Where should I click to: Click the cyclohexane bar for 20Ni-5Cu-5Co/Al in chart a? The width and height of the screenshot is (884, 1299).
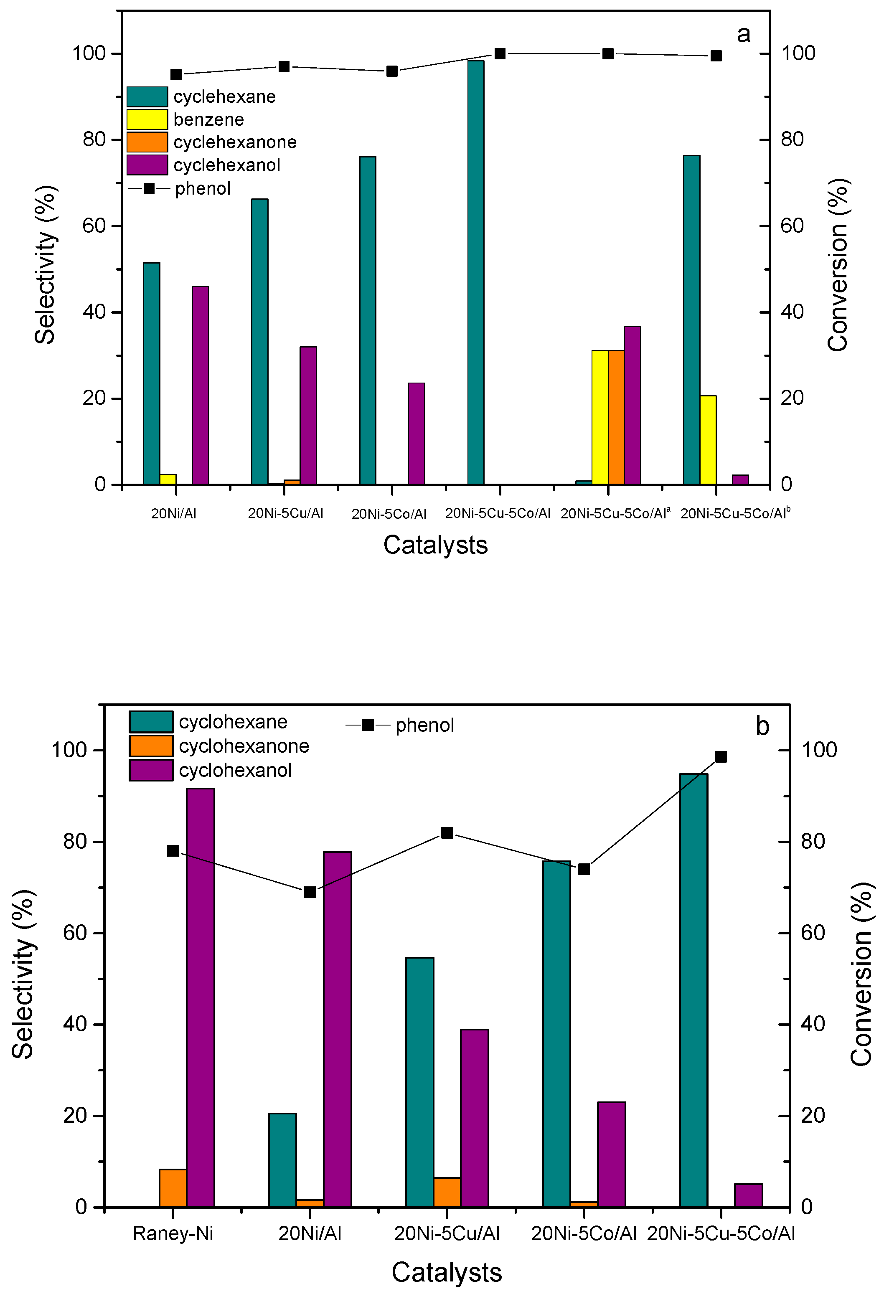tap(476, 272)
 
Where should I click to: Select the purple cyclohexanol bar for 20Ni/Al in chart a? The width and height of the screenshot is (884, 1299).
tap(200, 385)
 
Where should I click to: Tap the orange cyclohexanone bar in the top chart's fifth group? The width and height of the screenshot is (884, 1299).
tap(616, 417)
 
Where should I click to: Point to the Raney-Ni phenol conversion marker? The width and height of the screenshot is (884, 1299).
tap(173, 851)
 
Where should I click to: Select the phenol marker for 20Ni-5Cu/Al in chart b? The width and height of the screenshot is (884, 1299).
tap(447, 833)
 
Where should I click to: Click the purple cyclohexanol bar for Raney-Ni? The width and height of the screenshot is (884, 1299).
tap(200, 998)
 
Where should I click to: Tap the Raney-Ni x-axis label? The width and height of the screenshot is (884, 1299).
tap(173, 1233)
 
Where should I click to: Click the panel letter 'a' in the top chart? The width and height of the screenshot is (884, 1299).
tap(743, 35)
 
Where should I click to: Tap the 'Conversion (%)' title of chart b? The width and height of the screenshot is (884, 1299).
tap(861, 974)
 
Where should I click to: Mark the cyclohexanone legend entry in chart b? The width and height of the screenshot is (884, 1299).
tap(243, 746)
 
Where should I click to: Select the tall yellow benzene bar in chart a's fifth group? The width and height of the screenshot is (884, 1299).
tap(600, 417)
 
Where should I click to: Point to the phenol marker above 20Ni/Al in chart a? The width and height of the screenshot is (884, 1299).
tap(176, 74)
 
